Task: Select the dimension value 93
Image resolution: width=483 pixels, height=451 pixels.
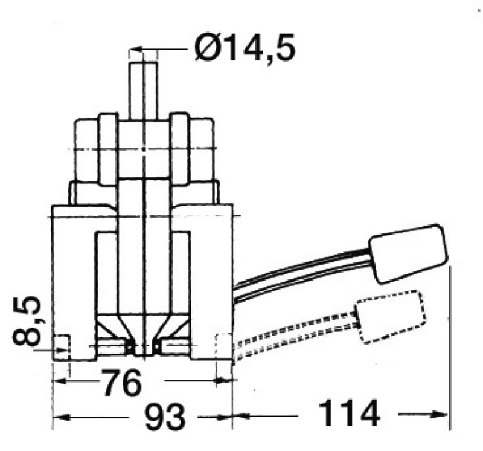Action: [x=165, y=417]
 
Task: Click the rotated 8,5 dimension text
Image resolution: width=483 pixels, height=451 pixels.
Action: [x=28, y=321]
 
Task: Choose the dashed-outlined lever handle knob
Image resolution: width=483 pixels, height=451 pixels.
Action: [x=391, y=317]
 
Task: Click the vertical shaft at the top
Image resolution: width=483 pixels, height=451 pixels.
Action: [x=143, y=91]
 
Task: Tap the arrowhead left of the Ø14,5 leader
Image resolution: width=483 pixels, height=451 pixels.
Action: [x=136, y=50]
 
